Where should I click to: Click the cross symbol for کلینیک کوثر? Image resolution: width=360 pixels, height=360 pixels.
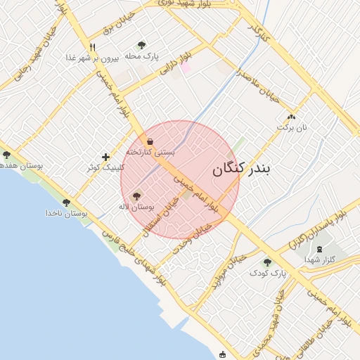tap(105, 157)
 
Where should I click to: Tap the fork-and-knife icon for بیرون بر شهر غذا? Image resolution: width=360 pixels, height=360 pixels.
tap(92, 48)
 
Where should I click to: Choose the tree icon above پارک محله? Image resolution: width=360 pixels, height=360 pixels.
tap(143, 45)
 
